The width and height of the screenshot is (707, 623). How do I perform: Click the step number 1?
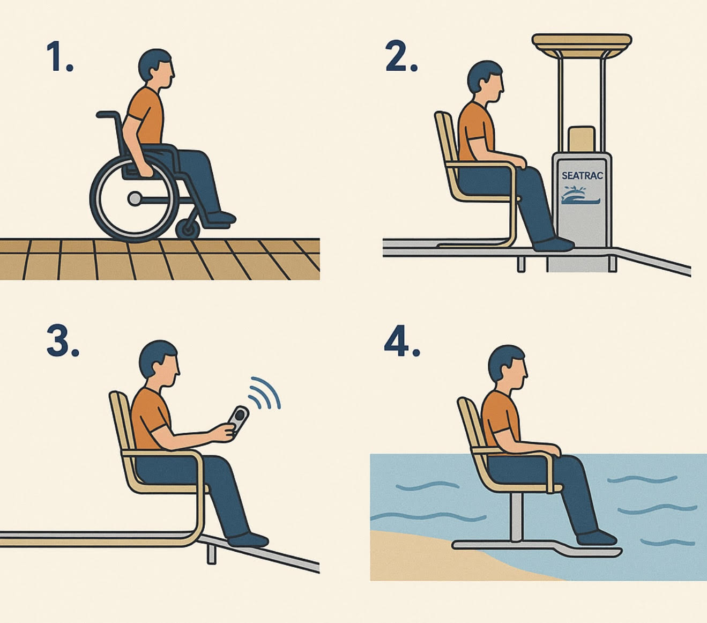point(59,56)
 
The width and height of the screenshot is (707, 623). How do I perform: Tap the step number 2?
point(401,56)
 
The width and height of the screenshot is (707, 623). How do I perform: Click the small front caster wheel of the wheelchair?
point(188,229)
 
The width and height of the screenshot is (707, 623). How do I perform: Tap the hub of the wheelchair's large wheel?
point(135,198)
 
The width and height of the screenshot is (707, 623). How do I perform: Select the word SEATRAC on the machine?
point(582,175)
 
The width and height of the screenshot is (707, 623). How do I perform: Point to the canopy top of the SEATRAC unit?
point(582,46)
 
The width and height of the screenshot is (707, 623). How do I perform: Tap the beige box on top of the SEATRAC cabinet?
point(582,139)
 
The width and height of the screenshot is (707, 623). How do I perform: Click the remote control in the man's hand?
point(238,420)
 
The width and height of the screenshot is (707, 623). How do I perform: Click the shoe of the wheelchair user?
point(220,219)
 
